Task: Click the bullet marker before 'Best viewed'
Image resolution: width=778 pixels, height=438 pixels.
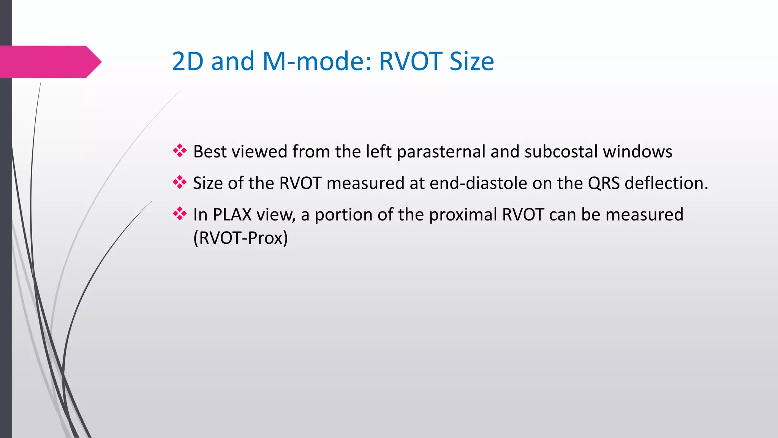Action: pos(180,151)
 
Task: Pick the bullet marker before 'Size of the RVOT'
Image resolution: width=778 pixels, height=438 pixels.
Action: pos(180,183)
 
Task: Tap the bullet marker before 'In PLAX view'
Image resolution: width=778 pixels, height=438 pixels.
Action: pos(180,214)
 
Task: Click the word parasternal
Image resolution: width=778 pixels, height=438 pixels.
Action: pos(441,152)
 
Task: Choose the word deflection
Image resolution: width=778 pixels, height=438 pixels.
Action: pos(666,183)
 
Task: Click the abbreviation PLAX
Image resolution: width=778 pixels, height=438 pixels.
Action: pos(232,215)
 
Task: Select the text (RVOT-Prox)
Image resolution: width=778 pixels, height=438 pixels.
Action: pos(240,238)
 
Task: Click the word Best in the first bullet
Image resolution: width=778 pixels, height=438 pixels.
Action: pos(210,152)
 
